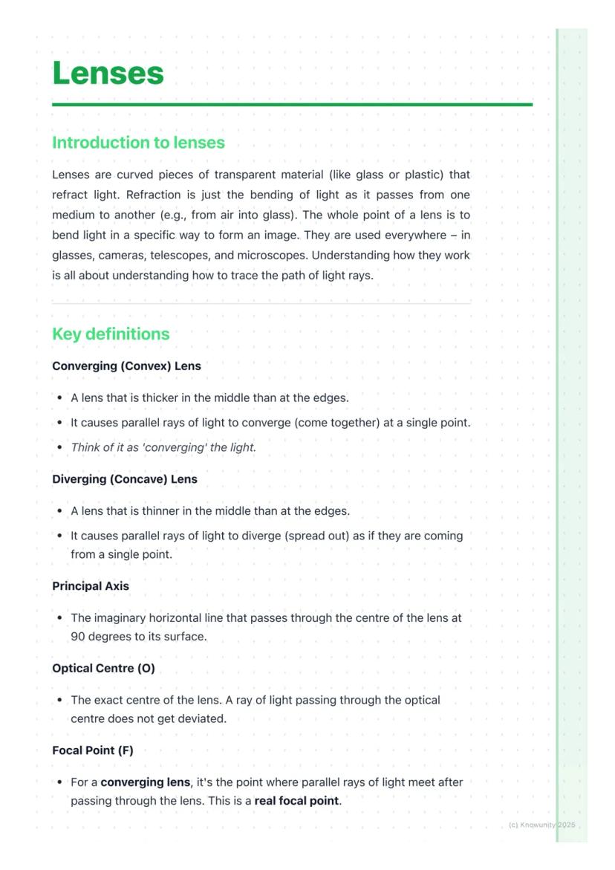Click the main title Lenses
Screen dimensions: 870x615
[x=108, y=74]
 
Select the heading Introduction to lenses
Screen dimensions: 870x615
[x=138, y=143]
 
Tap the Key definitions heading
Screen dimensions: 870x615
[x=111, y=334]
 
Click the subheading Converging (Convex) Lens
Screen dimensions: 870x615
[x=126, y=366]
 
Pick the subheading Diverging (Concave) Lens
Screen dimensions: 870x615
[x=125, y=479]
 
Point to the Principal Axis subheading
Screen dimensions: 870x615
[x=91, y=586]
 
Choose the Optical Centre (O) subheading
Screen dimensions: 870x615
[x=103, y=669]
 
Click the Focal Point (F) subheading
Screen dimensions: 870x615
[x=93, y=750]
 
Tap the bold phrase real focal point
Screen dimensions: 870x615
[x=296, y=801]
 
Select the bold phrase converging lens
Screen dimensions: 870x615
[x=146, y=782]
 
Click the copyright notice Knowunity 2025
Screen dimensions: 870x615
[x=541, y=825]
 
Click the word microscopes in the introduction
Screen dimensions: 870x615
[x=273, y=256]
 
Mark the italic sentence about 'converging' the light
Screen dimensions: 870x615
[x=163, y=448]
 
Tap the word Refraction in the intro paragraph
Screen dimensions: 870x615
[x=153, y=195]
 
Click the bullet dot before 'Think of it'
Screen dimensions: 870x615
[x=59, y=448]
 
